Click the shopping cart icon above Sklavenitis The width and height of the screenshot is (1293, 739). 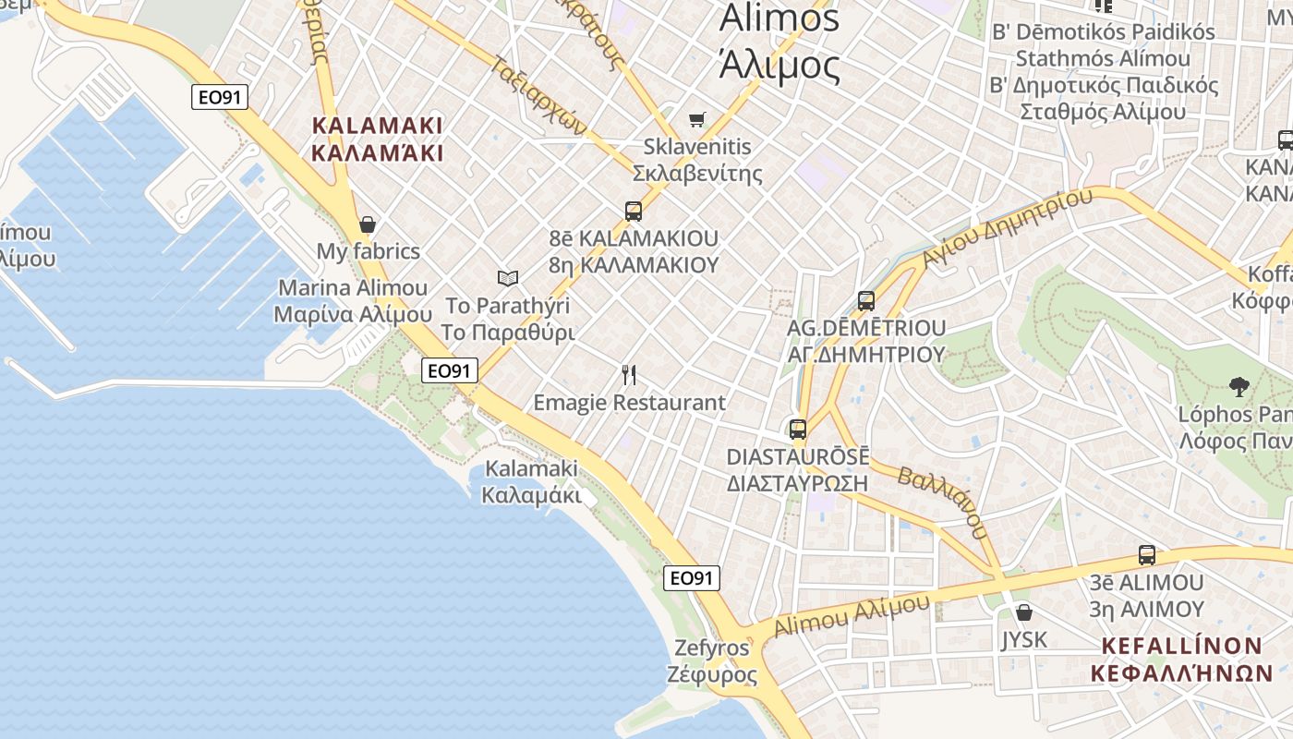(697, 119)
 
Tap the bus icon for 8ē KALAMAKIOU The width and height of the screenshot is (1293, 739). (634, 211)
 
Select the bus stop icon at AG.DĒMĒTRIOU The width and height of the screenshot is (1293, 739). (866, 300)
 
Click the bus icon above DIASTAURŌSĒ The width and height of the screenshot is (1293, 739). (798, 430)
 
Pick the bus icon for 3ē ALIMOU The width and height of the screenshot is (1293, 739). (1147, 555)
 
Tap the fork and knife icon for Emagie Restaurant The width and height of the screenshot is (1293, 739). (630, 375)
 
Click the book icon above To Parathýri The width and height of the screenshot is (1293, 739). (507, 278)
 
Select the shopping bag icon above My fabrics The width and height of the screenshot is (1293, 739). (368, 224)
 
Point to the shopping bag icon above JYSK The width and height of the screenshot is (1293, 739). (1023, 612)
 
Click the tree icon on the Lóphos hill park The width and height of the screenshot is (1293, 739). (1239, 386)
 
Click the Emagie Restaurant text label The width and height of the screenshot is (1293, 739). (630, 403)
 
